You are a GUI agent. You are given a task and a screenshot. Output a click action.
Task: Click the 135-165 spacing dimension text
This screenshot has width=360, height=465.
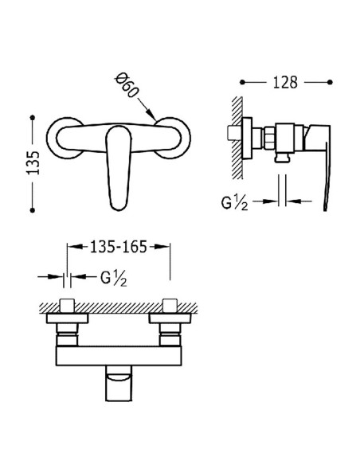[118, 248]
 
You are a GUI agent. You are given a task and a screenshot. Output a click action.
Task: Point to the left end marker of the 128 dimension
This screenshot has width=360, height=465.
[241, 81]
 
